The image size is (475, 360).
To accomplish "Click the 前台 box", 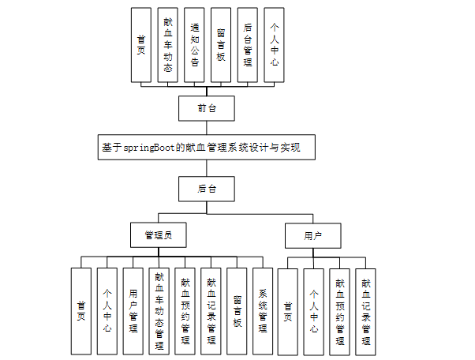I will click(x=207, y=108).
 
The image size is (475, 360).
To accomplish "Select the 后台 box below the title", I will click(x=207, y=189).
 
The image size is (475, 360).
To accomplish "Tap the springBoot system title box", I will click(x=208, y=148).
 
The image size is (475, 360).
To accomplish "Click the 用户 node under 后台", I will click(x=312, y=234).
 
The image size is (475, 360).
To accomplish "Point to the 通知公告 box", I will click(x=195, y=45).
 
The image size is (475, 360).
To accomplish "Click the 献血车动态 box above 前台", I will click(x=168, y=45).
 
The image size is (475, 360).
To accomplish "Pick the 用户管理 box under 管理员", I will click(x=134, y=311).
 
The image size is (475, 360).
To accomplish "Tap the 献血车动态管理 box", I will click(x=160, y=311).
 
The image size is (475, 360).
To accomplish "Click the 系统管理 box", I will click(x=264, y=311).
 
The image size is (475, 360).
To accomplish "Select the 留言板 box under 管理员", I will click(x=237, y=311).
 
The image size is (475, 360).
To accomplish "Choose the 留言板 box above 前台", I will click(x=221, y=45).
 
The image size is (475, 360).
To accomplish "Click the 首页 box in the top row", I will click(x=141, y=45).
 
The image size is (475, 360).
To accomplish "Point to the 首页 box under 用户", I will click(x=288, y=311).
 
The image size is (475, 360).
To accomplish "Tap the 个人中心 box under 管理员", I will click(x=108, y=311).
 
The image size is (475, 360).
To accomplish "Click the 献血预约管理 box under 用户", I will click(x=340, y=311).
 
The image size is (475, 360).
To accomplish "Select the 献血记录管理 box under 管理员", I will click(x=211, y=311).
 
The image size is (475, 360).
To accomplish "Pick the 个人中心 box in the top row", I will click(x=273, y=45).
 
